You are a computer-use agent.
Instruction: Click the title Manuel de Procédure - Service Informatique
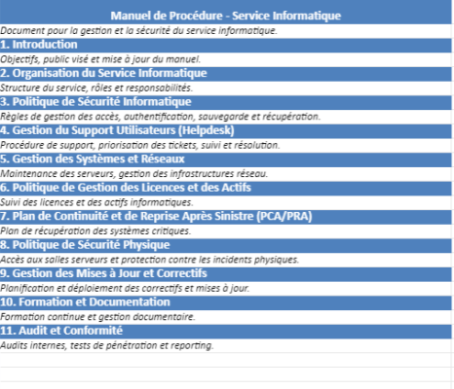click(226, 16)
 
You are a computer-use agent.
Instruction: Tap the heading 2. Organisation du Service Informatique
click(103, 73)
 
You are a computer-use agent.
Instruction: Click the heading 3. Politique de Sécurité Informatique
click(96, 101)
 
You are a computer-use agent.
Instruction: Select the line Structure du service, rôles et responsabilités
click(96, 87)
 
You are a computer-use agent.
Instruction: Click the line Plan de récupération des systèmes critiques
click(95, 230)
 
